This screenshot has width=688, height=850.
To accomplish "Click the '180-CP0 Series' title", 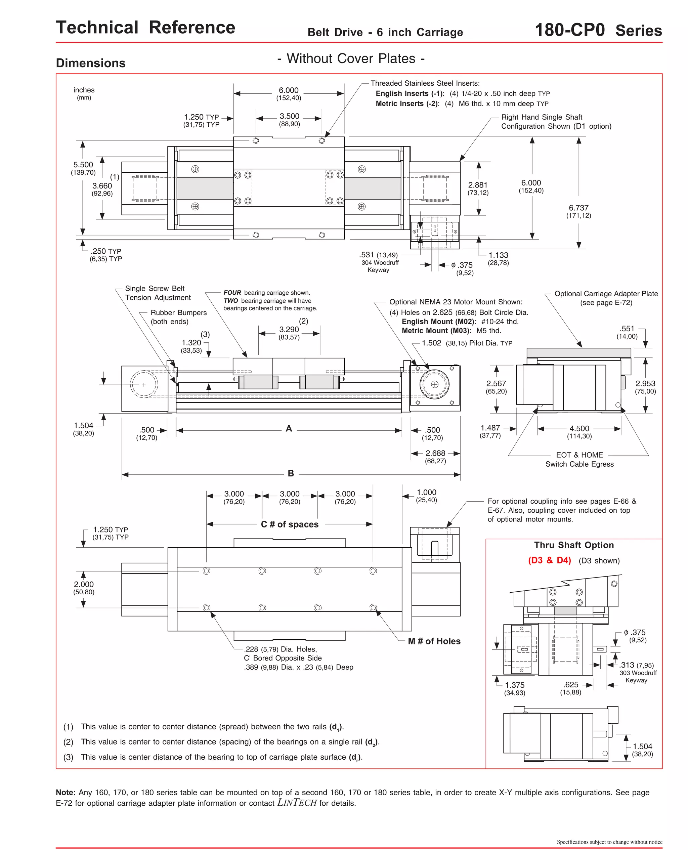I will tap(598, 31).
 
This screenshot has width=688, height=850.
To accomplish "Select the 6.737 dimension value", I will tap(578, 208).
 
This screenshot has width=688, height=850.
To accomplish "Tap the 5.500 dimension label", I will tap(83, 164).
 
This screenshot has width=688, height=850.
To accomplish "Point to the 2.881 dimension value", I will tap(478, 185).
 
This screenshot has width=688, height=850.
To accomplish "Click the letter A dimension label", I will tap(289, 428).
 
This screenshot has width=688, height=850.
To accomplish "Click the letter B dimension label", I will tap(291, 473).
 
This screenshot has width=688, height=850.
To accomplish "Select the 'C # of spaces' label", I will tap(289, 524).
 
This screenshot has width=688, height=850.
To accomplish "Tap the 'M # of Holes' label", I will tap(434, 641).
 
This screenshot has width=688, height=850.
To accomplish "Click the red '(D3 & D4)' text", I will tap(549, 560).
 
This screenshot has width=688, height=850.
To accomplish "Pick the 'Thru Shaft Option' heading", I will tap(574, 545).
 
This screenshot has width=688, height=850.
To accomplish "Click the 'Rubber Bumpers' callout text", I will tap(178, 313).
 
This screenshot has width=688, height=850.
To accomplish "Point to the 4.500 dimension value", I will tap(579, 428).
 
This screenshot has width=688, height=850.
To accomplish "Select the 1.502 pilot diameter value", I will tap(431, 343).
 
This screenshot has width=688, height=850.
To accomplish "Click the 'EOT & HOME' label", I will tap(579, 455).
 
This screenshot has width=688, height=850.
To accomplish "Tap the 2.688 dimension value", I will tap(435, 453).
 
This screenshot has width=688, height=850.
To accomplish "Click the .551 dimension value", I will tap(627, 329).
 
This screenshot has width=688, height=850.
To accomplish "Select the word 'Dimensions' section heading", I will tap(91, 63).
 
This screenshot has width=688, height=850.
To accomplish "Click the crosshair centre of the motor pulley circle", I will tap(434, 384).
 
